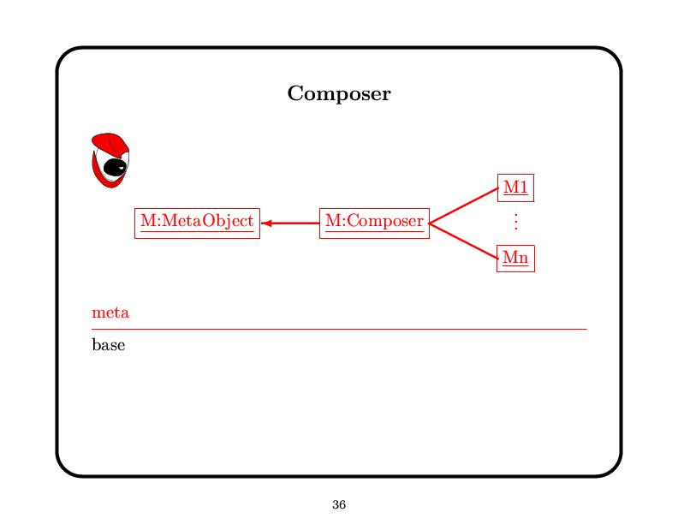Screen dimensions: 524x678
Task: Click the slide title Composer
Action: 339,93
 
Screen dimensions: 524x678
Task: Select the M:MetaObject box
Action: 197,222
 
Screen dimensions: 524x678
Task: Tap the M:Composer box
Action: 374,222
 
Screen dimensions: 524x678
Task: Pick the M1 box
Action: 515,187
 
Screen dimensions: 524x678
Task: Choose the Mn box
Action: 515,257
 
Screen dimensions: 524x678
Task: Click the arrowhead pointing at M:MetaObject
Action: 265,223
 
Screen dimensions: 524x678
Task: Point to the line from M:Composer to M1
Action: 463,205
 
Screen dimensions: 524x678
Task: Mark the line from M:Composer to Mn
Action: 463,240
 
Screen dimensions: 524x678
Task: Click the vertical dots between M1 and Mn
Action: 515,222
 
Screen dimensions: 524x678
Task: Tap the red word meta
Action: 110,313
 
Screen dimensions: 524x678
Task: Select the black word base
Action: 108,346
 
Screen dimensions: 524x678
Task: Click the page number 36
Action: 339,505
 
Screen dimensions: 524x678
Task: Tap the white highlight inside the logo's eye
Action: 122,165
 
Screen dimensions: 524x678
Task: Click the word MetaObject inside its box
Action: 208,222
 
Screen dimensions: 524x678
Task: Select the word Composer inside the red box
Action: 385,222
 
